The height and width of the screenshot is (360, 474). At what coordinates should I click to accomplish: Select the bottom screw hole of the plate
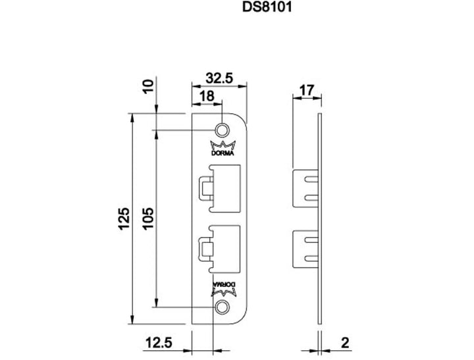[223, 307]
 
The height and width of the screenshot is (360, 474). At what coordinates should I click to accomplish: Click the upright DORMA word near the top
[223, 154]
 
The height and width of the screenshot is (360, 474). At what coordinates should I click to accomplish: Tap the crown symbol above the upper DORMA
[223, 145]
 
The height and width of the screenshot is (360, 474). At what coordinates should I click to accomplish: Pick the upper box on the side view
[304, 187]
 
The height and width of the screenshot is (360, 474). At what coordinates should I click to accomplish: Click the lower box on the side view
[304, 249]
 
